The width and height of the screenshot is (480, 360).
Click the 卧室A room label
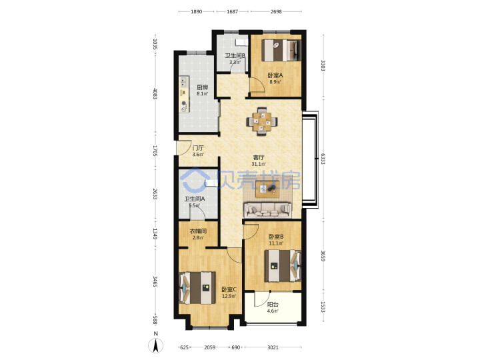tap(275, 75)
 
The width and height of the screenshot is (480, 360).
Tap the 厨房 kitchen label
tap(203, 87)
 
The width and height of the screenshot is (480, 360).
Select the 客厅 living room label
tap(259, 157)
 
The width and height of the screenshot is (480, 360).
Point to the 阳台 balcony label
tap(273, 305)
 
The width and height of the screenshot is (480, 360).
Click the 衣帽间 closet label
tap(198, 231)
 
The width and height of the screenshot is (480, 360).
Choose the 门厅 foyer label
tap(198, 148)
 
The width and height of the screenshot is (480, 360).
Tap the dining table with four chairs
tap(262, 121)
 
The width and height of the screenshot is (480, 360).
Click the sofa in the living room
tap(267, 210)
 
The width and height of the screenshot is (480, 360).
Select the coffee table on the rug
tap(267, 189)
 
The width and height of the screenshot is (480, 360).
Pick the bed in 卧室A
tap(281, 50)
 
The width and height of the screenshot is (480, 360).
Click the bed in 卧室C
tap(197, 288)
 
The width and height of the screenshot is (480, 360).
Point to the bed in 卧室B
tap(283, 266)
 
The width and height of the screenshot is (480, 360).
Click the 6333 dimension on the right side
tap(323, 159)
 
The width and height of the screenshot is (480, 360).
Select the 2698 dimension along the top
tap(276, 11)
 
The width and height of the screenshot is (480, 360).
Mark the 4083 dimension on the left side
tap(155, 94)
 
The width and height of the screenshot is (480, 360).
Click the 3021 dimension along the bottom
tap(273, 347)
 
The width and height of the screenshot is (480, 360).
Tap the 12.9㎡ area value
tap(229, 296)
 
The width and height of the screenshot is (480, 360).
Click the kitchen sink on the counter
tap(183, 82)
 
